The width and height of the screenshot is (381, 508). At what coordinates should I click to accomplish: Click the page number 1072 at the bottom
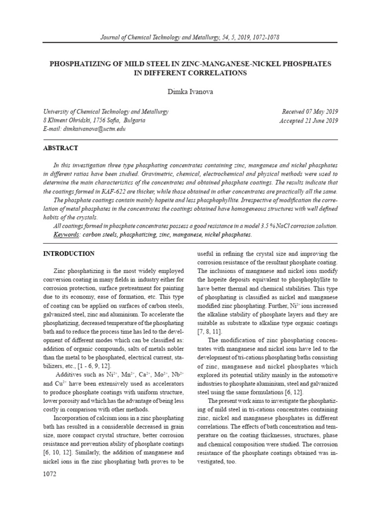pyautogui.click(x=50, y=474)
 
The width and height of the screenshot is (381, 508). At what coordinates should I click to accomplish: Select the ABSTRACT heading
pyautogui.click(x=61, y=148)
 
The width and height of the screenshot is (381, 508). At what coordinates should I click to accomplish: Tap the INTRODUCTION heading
pyautogui.click(x=68, y=254)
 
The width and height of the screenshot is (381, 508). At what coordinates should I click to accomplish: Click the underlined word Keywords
pyautogui.click(x=67, y=234)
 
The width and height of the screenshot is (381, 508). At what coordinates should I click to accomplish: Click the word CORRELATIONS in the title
pyautogui.click(x=217, y=73)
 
